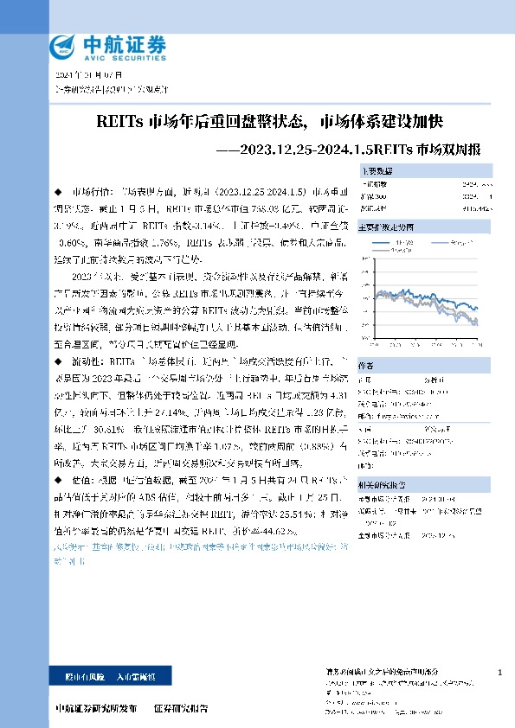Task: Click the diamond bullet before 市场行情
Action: coord(58,188)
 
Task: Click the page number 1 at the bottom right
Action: coord(500,672)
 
